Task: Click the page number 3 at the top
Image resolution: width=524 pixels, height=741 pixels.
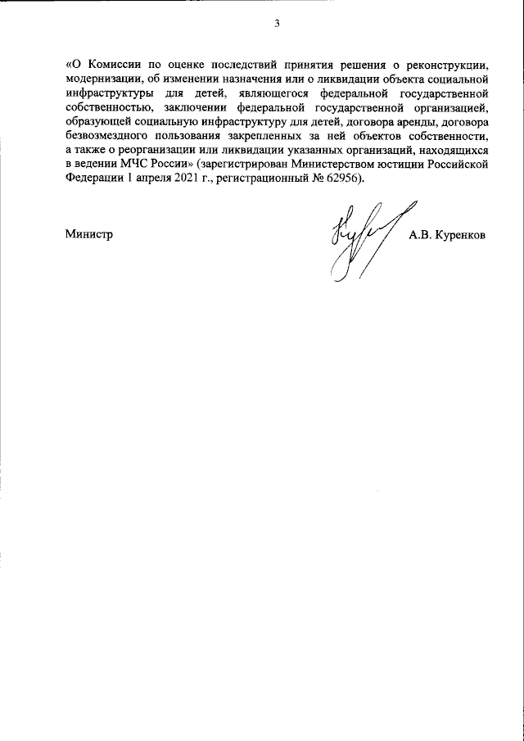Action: coord(277,23)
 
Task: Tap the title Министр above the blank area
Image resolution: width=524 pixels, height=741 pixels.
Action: coord(88,234)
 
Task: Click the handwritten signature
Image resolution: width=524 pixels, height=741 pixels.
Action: coord(361,239)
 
